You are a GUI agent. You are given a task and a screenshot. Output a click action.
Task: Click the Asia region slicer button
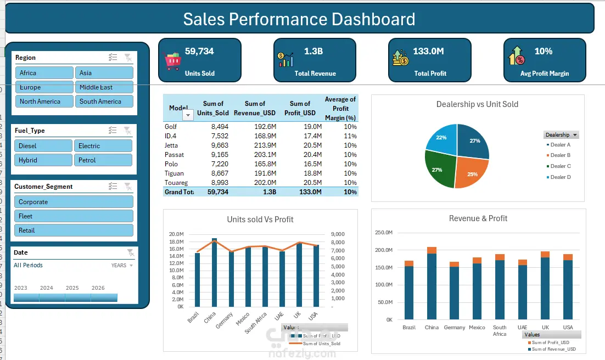tap(104, 73)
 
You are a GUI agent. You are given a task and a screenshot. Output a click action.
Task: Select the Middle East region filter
tap(104, 87)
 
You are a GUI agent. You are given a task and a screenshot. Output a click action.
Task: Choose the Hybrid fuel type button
tap(43, 160)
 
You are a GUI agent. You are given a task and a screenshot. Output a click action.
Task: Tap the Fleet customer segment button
tap(74, 216)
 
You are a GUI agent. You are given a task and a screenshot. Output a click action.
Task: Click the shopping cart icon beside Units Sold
tap(172, 60)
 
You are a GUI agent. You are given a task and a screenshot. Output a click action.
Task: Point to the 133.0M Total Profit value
tap(428, 52)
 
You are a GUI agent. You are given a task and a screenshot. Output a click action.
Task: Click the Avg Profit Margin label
tap(544, 74)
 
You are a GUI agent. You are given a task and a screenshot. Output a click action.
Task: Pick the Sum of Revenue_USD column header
tap(255, 109)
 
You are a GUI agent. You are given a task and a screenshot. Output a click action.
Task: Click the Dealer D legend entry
tap(560, 177)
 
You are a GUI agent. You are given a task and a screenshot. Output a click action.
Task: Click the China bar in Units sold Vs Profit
tap(214, 273)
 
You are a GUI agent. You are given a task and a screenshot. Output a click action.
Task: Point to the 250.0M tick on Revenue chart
tap(383, 233)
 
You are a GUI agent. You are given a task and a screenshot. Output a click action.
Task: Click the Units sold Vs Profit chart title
tap(260, 220)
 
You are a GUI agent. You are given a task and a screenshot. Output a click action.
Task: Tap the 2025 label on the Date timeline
tap(72, 288)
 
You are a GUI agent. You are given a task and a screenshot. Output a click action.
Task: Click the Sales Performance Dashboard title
tap(299, 20)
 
